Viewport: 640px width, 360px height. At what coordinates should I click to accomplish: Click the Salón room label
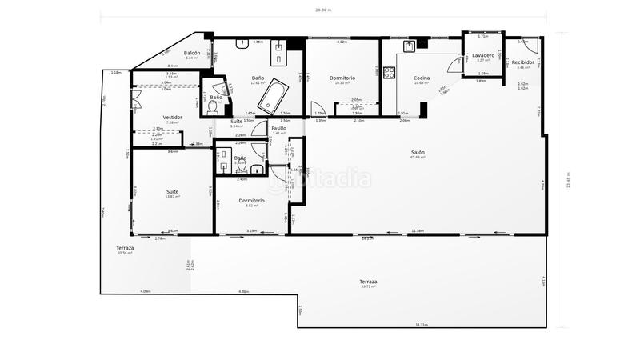(x=418, y=152)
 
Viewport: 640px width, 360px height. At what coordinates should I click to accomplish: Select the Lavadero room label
(x=482, y=55)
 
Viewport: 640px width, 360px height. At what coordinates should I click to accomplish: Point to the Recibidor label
(x=523, y=62)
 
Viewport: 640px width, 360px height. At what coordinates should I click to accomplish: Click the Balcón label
(x=192, y=53)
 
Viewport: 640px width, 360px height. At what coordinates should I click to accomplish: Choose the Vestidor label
(x=173, y=117)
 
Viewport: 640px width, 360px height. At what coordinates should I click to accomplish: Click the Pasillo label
(x=278, y=128)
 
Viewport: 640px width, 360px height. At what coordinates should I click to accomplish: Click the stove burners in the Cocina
(x=390, y=73)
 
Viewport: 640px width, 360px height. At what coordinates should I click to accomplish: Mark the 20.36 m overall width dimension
(x=322, y=10)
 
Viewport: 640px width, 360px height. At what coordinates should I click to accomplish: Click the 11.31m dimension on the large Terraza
(x=422, y=325)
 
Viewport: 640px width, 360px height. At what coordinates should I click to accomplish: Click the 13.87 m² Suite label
(x=172, y=197)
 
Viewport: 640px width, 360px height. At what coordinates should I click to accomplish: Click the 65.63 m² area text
(x=418, y=158)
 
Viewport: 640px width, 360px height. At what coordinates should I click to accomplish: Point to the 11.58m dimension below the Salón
(x=418, y=231)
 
